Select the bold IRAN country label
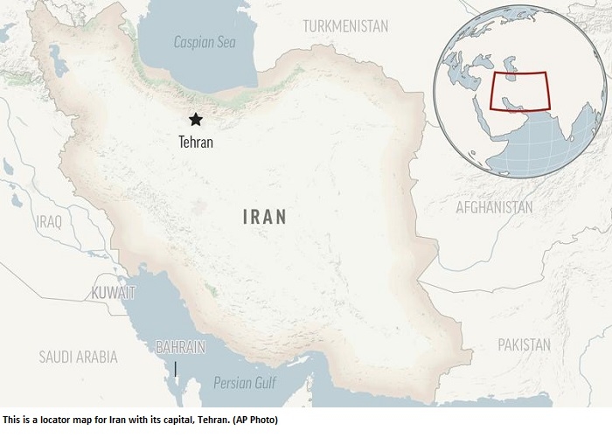(x=265, y=216)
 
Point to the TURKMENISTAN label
(x=345, y=26)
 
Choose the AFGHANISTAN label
(x=493, y=207)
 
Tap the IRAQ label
(x=49, y=221)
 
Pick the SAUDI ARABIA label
(x=78, y=356)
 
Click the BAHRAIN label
(x=179, y=347)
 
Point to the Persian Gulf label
(x=246, y=381)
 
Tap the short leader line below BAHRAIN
(x=175, y=368)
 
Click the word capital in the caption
(x=164, y=421)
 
